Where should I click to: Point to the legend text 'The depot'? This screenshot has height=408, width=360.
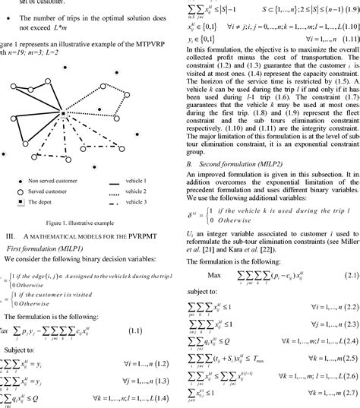(x=42, y=223)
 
